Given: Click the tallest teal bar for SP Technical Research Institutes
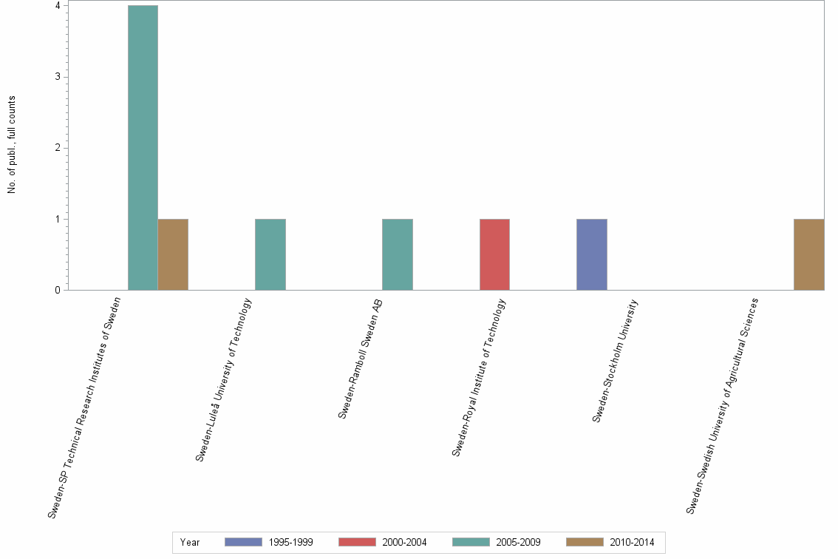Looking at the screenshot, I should click(x=143, y=148).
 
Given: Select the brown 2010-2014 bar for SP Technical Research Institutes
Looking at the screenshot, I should click(x=173, y=254).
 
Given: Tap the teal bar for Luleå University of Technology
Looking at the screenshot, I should click(x=270, y=254).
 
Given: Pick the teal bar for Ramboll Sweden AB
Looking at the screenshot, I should click(x=397, y=254).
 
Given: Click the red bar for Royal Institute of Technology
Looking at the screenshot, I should click(x=494, y=254).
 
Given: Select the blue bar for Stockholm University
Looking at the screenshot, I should click(x=592, y=254).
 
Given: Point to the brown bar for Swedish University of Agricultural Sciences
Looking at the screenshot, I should click(x=808, y=254).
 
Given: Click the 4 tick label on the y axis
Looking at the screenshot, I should click(x=57, y=6).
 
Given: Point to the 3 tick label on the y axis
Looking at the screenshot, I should click(x=57, y=77).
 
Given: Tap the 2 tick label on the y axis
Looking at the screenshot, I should click(x=57, y=148).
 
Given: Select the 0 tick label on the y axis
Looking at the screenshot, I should click(x=57, y=291).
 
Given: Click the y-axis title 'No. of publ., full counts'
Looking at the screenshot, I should click(x=12, y=145).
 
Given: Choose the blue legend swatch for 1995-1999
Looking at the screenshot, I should click(x=243, y=542).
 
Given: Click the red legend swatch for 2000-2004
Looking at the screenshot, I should click(x=357, y=542).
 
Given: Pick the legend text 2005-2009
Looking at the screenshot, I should click(x=518, y=542).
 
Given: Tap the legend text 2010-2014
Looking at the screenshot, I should click(x=632, y=542).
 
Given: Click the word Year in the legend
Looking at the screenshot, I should click(x=190, y=542).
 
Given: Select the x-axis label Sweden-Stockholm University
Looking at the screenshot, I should click(x=615, y=361).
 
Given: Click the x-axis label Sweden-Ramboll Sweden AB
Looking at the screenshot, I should click(x=361, y=359).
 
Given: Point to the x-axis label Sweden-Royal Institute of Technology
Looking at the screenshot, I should click(x=479, y=377).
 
